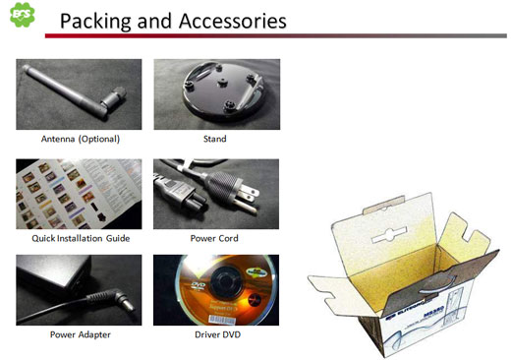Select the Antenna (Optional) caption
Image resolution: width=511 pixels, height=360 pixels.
pos(79,139)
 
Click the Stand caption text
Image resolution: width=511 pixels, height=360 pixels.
pos(215,139)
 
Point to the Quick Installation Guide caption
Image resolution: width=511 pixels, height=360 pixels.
pos(79,237)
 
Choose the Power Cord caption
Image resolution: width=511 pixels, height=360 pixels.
pos(215,237)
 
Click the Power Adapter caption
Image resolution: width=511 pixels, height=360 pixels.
pos(79,334)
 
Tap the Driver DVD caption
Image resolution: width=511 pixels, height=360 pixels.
pos(215,334)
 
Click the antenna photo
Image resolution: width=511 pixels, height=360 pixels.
pos(79,94)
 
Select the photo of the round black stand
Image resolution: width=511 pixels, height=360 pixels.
pos(215,94)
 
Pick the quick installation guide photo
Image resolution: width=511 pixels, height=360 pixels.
pos(79,193)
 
